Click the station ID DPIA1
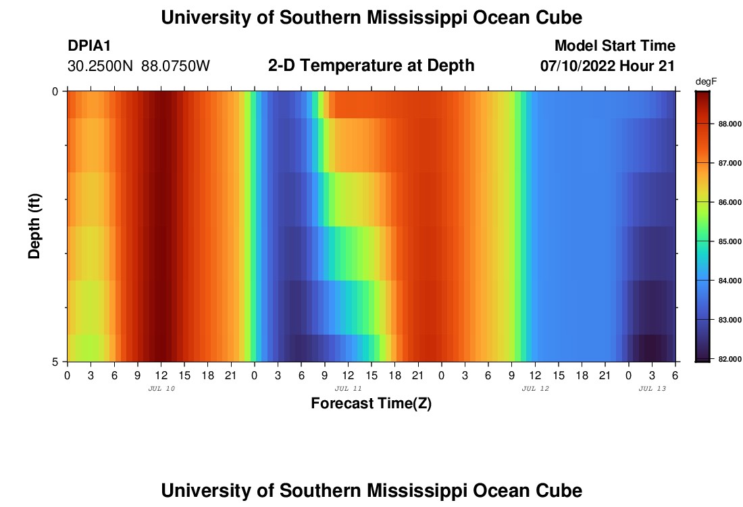coord(90,46)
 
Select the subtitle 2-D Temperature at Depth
coord(371,66)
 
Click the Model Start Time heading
coord(614,46)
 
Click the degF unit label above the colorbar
coord(705,82)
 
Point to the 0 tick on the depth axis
coord(55,91)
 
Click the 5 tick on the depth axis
coord(55,362)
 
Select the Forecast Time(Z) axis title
coord(371,404)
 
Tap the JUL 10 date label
coord(161,389)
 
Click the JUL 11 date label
coord(348,389)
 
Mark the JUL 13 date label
coord(652,389)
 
